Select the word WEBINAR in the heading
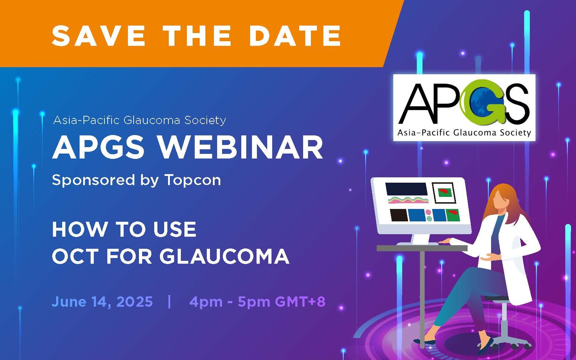point(241,148)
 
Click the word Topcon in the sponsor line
point(193,180)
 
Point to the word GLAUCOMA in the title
point(224,256)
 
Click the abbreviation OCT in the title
point(75,256)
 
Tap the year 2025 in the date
point(134,302)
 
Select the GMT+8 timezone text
point(300,302)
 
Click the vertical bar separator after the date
point(169,302)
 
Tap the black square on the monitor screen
point(399,215)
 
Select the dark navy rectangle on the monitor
point(406,189)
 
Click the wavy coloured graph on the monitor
point(408,200)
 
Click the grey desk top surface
point(422,248)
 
